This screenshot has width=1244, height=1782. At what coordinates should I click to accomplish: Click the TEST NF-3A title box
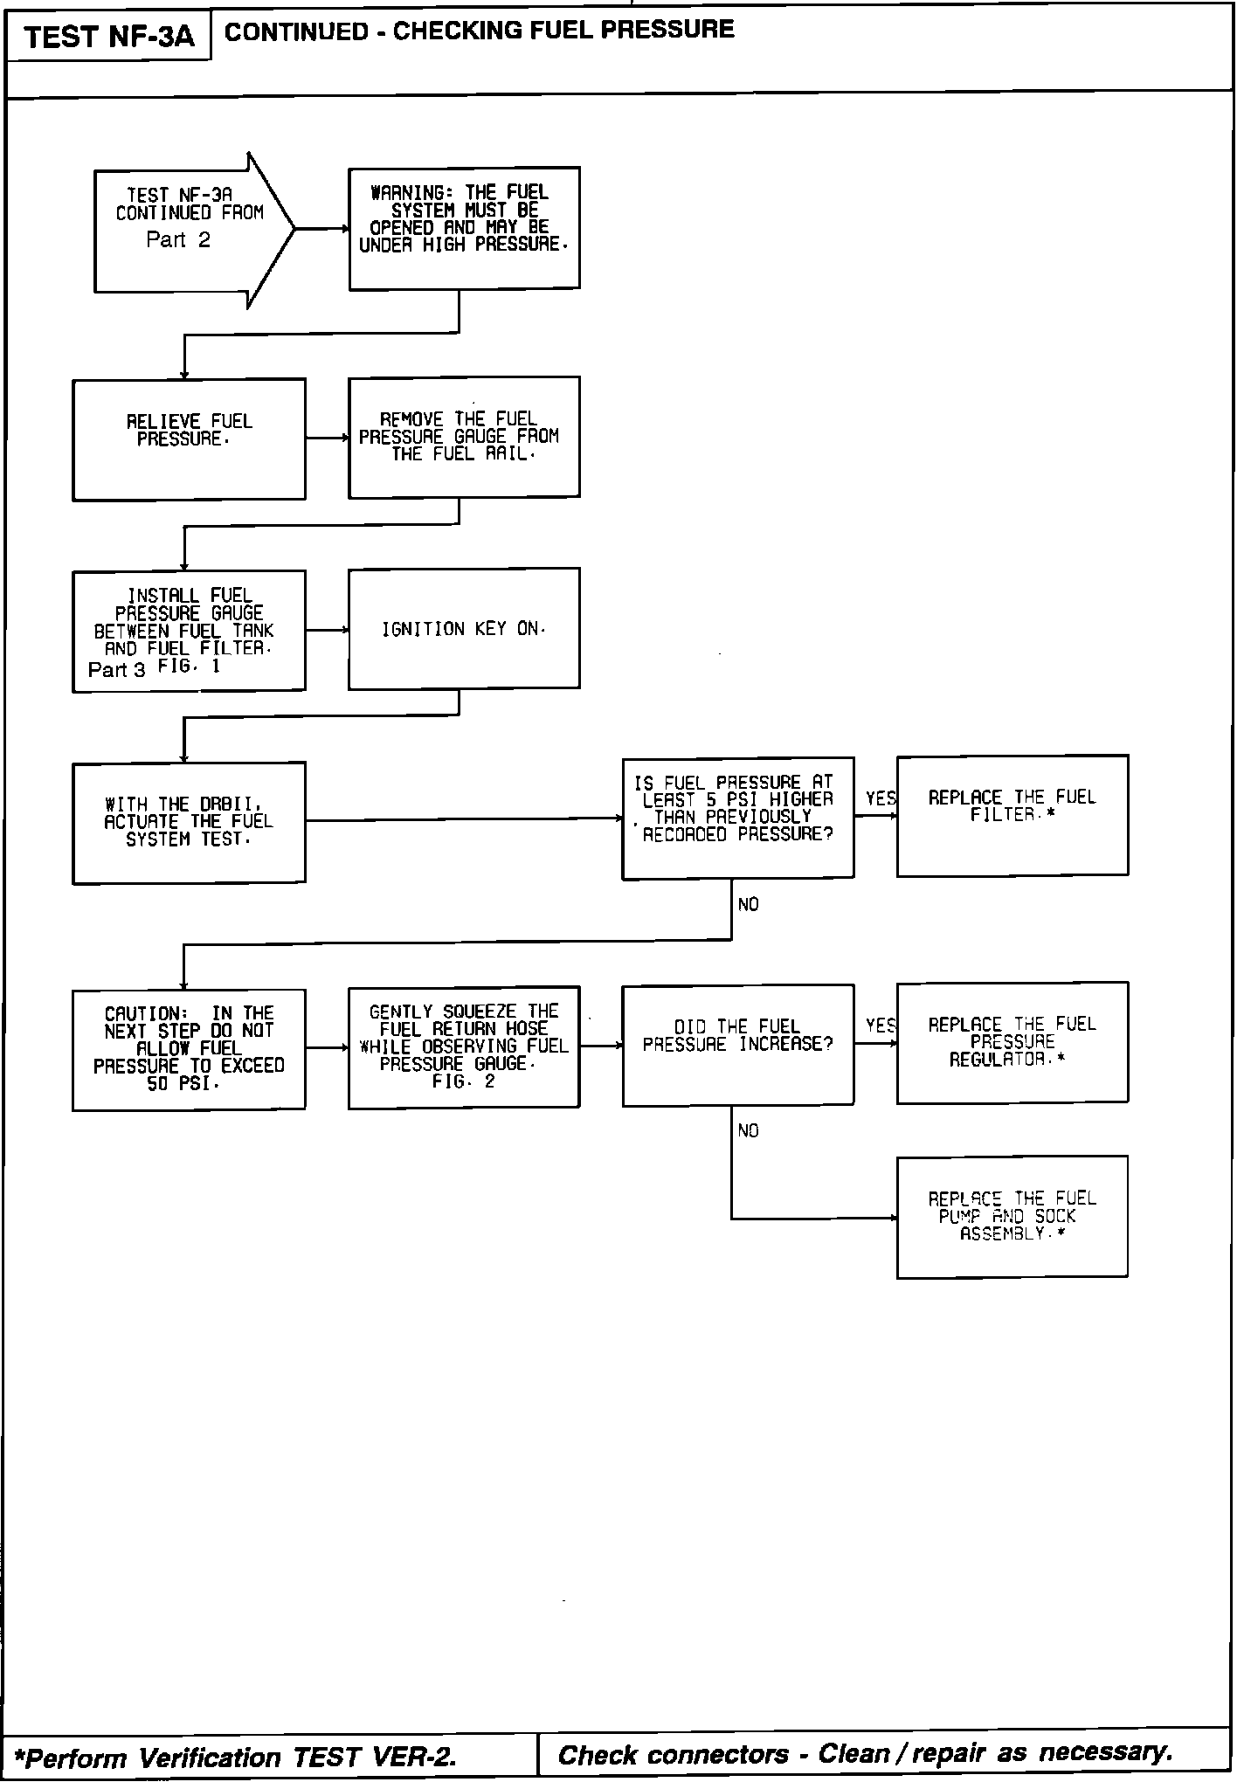coord(108,37)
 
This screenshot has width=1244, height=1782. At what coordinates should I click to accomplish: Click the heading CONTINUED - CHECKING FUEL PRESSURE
coord(479,31)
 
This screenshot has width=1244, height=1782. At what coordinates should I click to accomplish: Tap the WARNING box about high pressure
coord(464,228)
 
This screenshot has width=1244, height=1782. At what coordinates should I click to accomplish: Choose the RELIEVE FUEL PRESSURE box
coord(189,439)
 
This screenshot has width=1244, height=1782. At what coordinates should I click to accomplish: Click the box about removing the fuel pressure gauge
coord(464,437)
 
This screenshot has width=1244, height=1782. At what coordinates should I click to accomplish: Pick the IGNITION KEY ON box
coord(464,629)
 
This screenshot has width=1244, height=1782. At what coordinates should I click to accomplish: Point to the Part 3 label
coord(116,670)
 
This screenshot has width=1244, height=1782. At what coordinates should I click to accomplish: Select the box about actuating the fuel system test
coord(189,822)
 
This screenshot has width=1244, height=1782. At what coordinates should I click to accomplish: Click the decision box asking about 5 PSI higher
coord(737,818)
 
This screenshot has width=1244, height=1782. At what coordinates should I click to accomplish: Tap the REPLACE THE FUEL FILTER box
coord(1012,815)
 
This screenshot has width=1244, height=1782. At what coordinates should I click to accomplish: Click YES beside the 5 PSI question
coord(880,798)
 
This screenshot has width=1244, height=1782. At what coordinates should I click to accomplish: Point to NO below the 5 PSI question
coord(748,905)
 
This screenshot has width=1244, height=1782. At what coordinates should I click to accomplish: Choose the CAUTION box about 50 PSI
coord(189,1049)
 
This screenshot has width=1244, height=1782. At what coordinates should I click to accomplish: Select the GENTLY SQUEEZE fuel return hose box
coord(464,1046)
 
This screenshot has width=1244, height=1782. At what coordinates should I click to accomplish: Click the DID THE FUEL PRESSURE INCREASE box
coord(737,1045)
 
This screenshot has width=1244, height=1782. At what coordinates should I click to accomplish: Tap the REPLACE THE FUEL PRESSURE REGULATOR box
coord(1012,1042)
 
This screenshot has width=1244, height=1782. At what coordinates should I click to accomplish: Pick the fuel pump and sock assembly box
coord(1012,1217)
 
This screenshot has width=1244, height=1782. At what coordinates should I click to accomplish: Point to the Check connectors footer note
coord(865,1754)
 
